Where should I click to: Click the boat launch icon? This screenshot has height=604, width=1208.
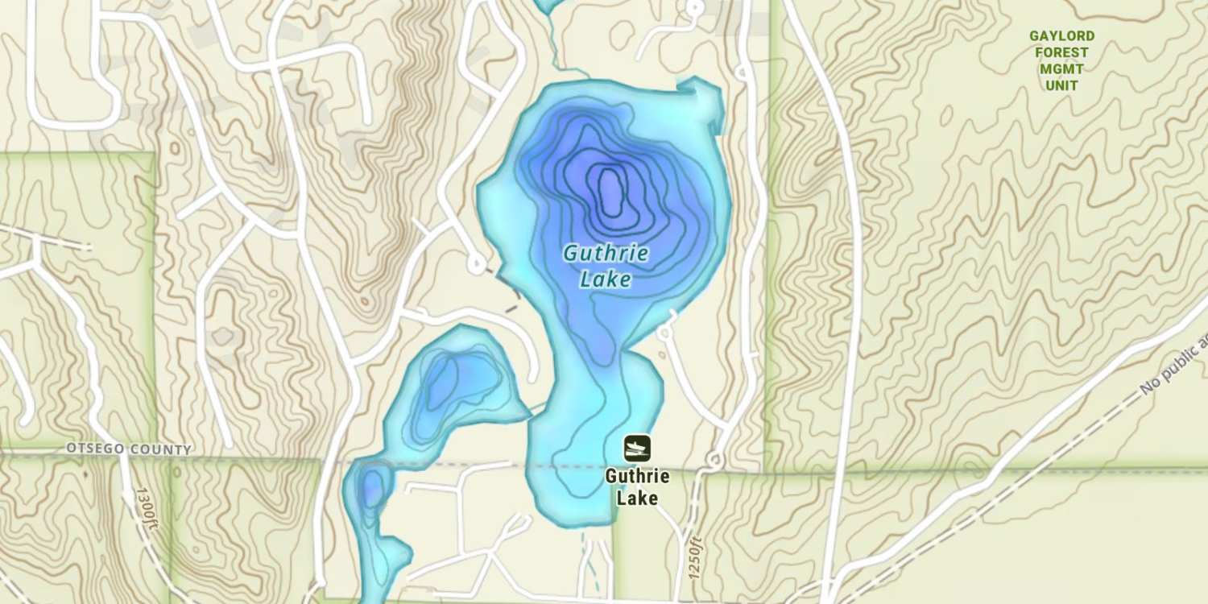click(x=636, y=448)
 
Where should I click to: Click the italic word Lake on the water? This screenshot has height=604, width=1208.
click(x=606, y=280)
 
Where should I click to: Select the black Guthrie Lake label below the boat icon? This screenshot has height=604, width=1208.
click(x=637, y=486)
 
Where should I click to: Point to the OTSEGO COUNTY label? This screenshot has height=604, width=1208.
click(x=130, y=449)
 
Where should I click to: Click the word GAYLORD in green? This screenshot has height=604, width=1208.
click(x=1061, y=36)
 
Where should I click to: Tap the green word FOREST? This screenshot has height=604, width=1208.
click(x=1061, y=52)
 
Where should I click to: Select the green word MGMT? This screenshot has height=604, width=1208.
click(x=1061, y=69)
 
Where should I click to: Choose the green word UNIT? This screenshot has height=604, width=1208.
click(x=1061, y=85)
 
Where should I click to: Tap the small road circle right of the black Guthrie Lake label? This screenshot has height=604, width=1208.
click(x=714, y=461)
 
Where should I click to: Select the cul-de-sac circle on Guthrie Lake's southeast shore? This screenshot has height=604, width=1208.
click(x=664, y=332)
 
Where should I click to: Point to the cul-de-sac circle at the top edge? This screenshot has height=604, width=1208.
click(x=693, y=8)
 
